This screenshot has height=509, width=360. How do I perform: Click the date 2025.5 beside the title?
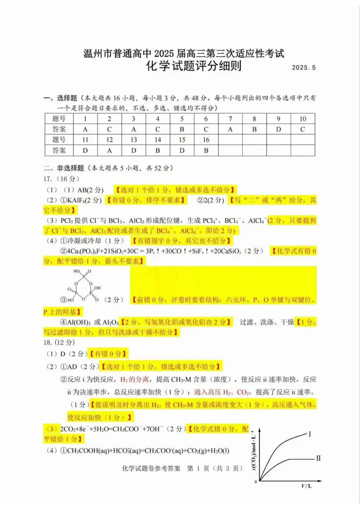(x=303, y=68)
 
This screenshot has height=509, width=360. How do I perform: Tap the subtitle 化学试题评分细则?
(x=194, y=66)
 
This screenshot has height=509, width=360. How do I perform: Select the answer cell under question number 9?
(x=278, y=129)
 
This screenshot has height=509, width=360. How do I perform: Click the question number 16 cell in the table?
(x=206, y=140)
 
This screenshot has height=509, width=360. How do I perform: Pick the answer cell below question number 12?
(x=109, y=150)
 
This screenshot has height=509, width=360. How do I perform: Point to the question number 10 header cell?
(x=303, y=119)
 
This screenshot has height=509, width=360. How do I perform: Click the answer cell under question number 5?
(x=182, y=129)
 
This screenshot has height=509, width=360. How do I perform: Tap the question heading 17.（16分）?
(x=62, y=179)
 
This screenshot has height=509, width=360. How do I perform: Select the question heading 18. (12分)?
(x=59, y=342)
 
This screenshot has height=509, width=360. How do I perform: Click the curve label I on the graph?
(x=309, y=434)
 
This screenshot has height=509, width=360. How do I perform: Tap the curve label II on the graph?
(x=318, y=458)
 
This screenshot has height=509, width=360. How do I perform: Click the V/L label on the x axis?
(x=306, y=486)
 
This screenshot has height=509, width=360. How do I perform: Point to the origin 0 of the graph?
(x=256, y=482)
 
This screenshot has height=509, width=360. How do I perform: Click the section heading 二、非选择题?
(x=64, y=168)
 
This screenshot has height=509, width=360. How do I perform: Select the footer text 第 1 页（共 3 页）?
(x=215, y=468)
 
